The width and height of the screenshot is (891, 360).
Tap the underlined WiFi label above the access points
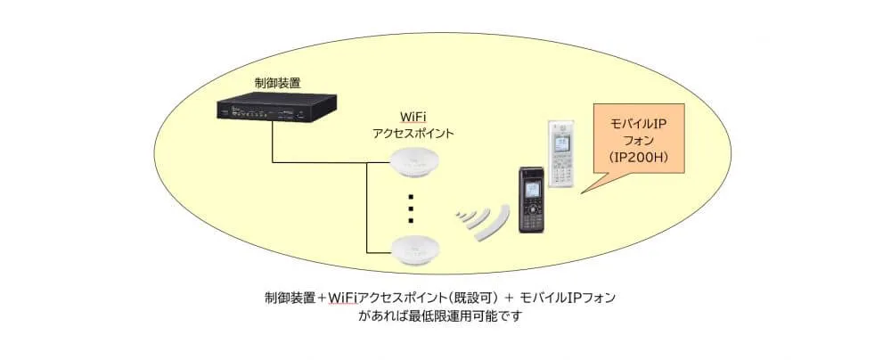coord(413,118)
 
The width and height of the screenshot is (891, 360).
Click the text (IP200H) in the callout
coord(640,158)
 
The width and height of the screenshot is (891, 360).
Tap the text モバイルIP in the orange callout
coord(640,122)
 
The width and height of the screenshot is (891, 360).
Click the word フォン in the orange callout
coord(640,140)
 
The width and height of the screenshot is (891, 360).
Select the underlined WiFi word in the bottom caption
coord(342,297)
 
